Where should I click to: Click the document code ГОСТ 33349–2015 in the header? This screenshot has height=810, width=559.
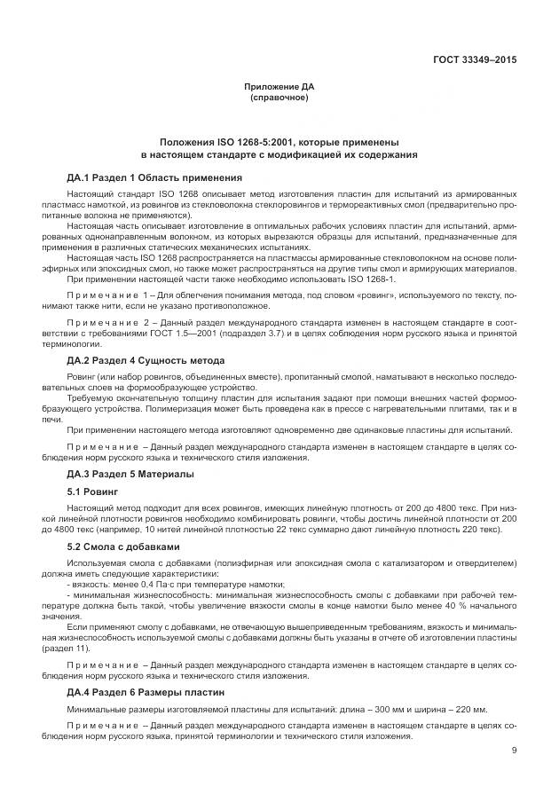(474, 60)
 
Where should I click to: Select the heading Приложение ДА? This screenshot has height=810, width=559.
(279, 87)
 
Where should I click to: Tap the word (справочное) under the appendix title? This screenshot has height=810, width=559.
(279, 98)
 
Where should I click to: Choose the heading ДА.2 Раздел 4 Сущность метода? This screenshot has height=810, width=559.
(146, 360)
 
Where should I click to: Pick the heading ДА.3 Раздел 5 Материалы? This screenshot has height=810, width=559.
(130, 474)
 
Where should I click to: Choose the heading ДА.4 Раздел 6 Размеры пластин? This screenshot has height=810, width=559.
(146, 691)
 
